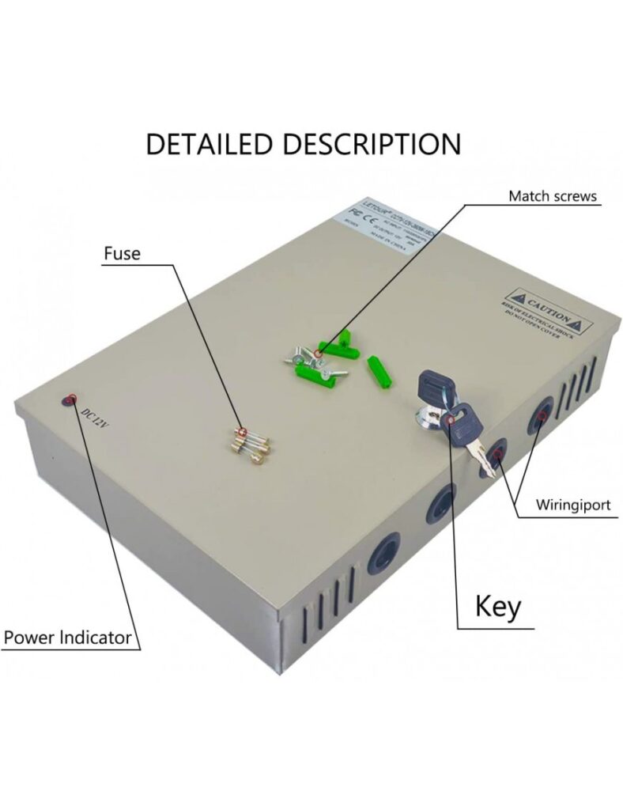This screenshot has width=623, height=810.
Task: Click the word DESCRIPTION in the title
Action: [372, 144]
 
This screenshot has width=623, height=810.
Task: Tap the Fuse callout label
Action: [122, 254]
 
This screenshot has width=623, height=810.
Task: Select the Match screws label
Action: [552, 196]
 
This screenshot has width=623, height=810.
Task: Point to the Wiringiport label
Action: [572, 505]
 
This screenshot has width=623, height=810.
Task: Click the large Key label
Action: [498, 607]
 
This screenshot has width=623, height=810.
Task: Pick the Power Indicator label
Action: [67, 637]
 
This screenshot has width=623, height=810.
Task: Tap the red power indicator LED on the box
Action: [70, 399]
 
